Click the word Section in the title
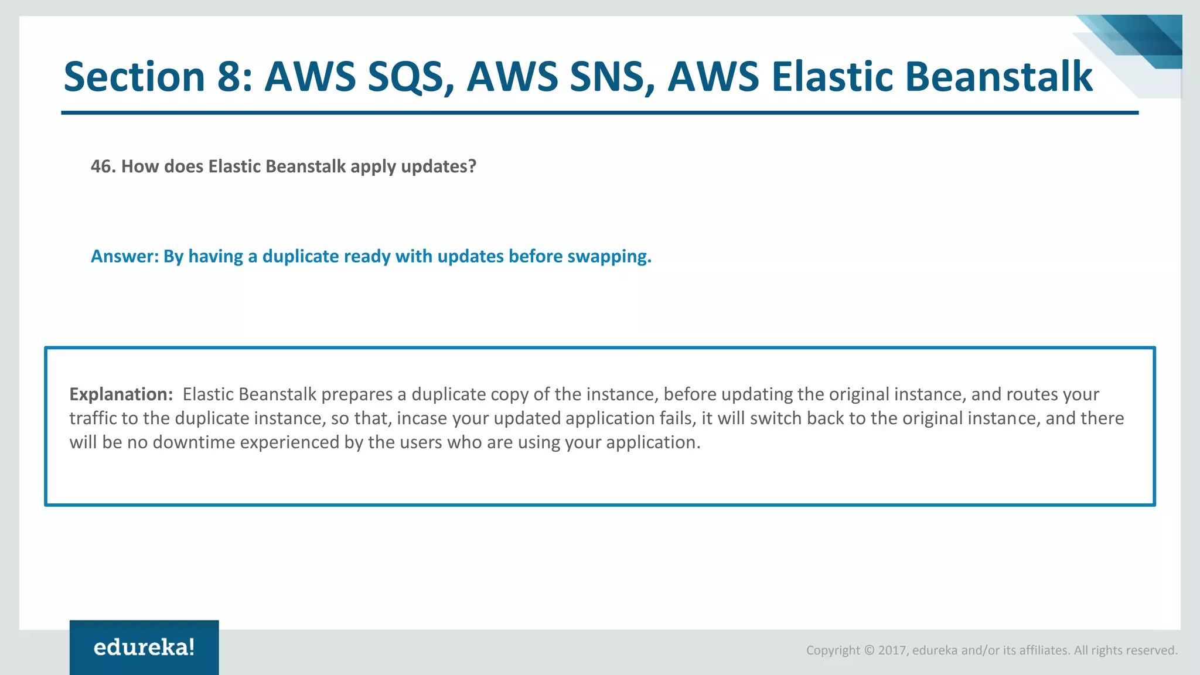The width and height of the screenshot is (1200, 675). click(134, 77)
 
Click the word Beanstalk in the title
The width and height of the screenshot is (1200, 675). click(998, 77)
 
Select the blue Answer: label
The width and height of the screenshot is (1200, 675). click(124, 257)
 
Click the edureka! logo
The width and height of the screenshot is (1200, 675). click(144, 647)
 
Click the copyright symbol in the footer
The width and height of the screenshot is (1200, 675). click(869, 650)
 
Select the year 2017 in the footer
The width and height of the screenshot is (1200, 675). click(892, 650)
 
